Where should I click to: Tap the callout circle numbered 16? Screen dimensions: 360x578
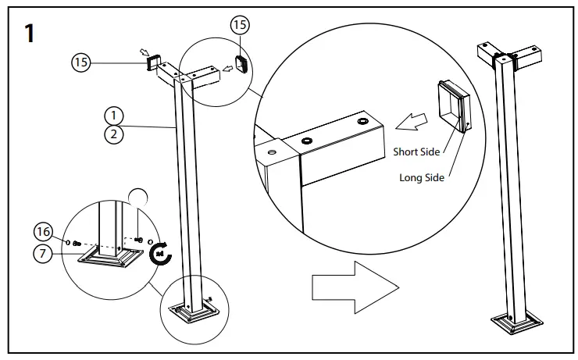pyautogui.click(x=45, y=230)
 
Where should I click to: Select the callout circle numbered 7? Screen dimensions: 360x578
pyautogui.click(x=45, y=251)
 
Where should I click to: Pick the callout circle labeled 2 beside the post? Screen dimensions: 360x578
pyautogui.click(x=113, y=134)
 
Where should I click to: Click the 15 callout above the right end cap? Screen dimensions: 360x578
pyautogui.click(x=239, y=25)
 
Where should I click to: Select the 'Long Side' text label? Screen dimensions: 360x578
pyautogui.click(x=422, y=177)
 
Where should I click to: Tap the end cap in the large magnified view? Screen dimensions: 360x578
pyautogui.click(x=453, y=107)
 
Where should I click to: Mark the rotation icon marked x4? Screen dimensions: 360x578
pyautogui.click(x=161, y=251)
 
